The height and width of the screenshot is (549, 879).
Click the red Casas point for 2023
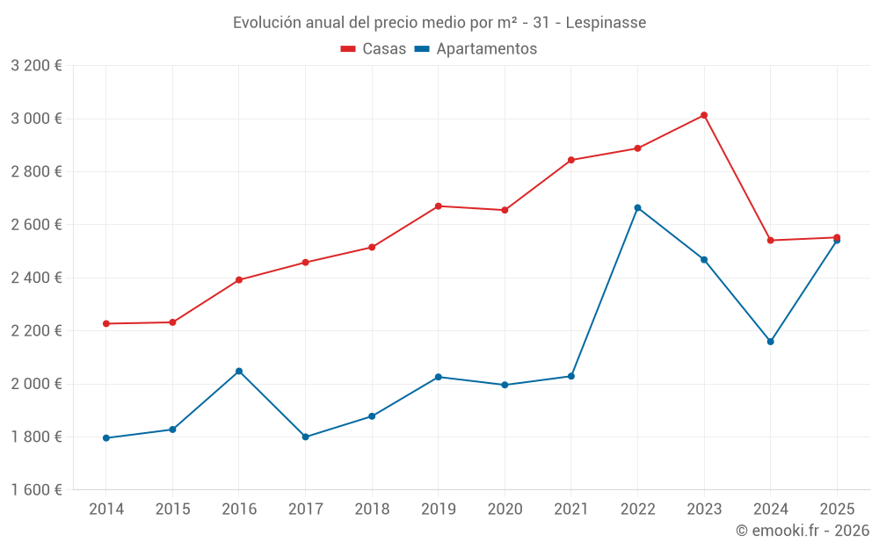click(704, 115)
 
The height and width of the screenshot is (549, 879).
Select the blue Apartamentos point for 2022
click(637, 208)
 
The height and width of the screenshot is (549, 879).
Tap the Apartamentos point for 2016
click(239, 372)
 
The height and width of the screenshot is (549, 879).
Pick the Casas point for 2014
click(106, 324)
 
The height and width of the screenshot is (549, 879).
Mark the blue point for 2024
click(771, 342)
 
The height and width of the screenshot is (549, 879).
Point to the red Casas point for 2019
click(439, 206)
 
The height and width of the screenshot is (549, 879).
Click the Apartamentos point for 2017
click(305, 437)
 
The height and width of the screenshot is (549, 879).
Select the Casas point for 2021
click(571, 160)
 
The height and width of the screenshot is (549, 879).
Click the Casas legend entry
click(374, 49)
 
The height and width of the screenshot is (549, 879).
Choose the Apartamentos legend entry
click(476, 49)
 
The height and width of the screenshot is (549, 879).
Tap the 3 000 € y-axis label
click(36, 119)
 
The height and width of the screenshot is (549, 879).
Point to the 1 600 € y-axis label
click(36, 490)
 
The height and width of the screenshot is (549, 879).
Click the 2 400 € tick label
click(36, 278)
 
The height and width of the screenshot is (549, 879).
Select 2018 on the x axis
click(372, 509)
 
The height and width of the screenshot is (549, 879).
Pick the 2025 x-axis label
click(837, 509)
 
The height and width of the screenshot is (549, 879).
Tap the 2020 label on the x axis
click(505, 509)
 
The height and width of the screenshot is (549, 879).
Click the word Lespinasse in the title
click(606, 23)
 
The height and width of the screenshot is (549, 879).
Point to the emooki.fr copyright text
click(803, 531)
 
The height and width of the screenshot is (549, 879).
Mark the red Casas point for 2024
click(771, 241)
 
